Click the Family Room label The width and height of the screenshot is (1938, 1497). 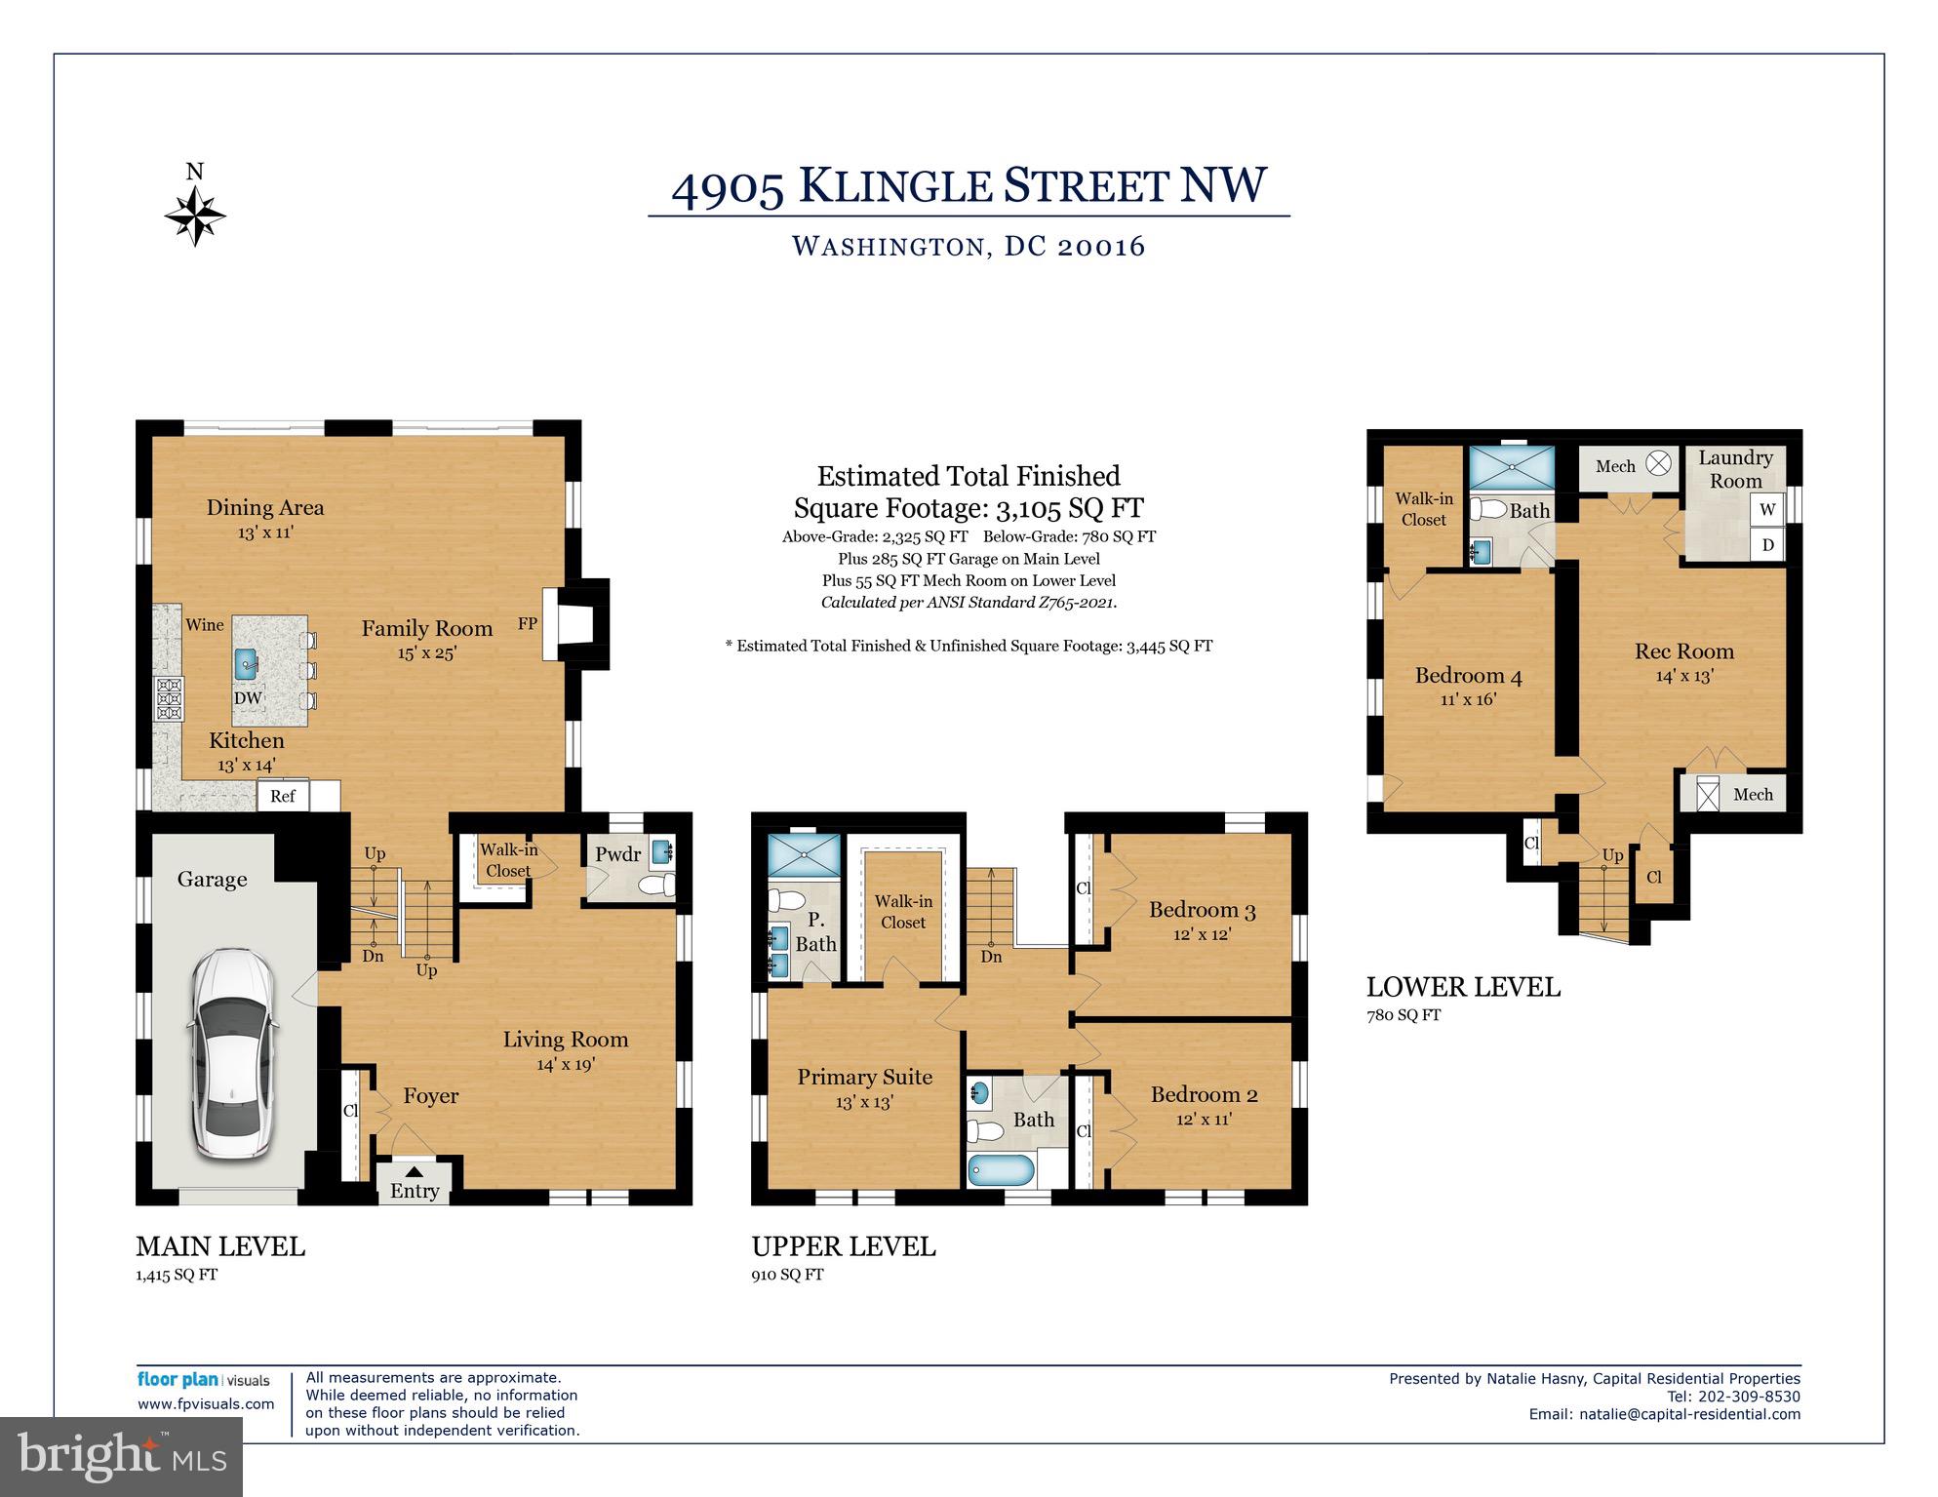[x=426, y=629]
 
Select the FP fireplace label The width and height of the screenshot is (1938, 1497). [x=527, y=623]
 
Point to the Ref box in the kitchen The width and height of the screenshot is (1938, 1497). [x=283, y=796]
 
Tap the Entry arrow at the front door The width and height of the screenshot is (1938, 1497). [x=415, y=1171]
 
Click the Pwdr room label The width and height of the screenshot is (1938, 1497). [x=618, y=854]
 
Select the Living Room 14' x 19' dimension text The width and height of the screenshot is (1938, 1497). [x=565, y=1064]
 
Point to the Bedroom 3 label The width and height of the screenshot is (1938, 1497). [x=1202, y=910]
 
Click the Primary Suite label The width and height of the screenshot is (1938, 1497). [x=864, y=1077]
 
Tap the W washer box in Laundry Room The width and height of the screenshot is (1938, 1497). [x=1767, y=509]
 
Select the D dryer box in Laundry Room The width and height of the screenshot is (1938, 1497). [x=1767, y=545]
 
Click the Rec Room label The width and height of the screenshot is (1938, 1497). [x=1684, y=651]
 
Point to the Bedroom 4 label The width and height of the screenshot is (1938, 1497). [x=1468, y=676]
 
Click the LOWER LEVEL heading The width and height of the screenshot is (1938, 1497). [x=1463, y=987]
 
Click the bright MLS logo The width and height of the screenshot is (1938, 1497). [x=121, y=1456]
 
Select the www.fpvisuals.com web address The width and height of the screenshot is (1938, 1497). [x=206, y=1404]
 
